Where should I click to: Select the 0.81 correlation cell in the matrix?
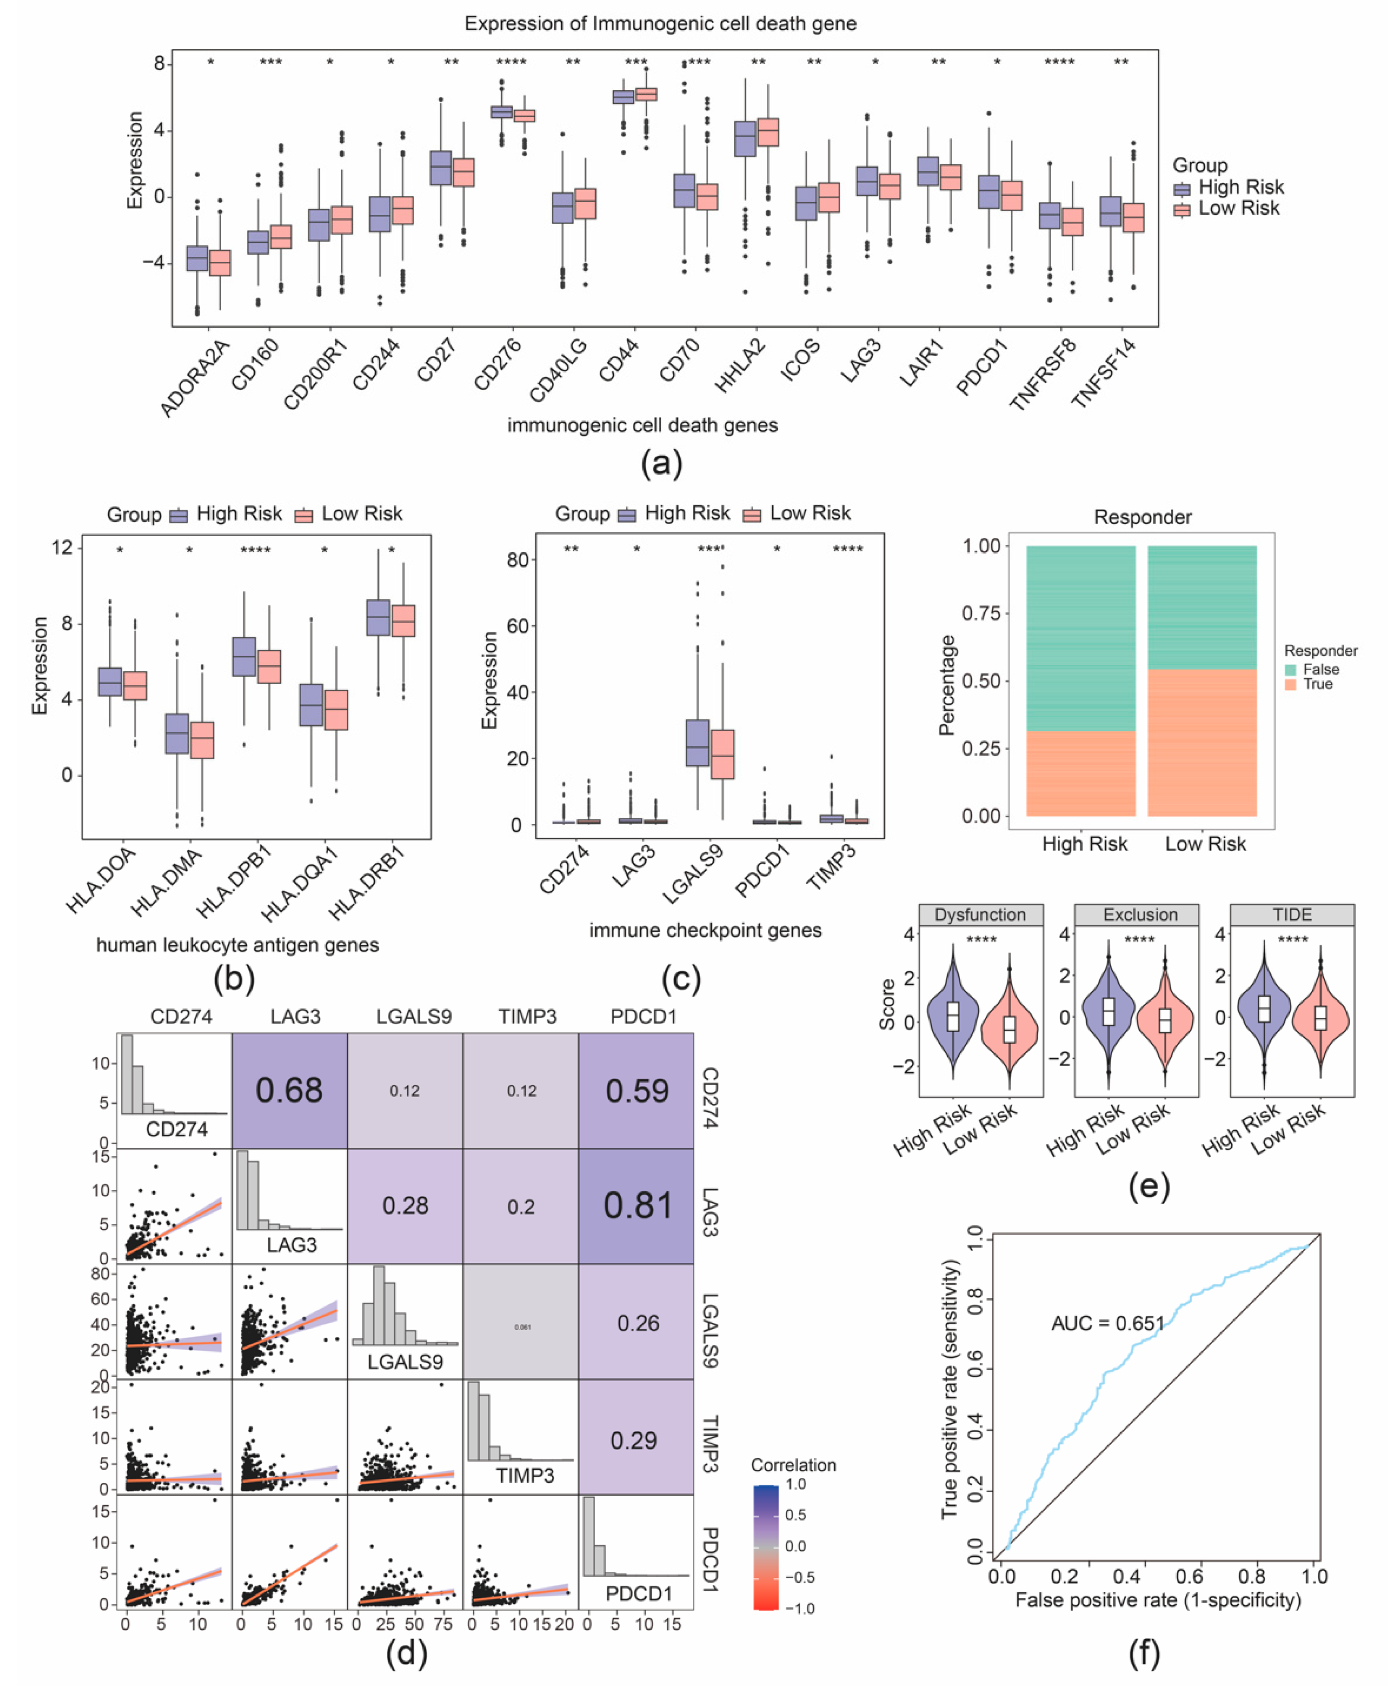click(637, 1206)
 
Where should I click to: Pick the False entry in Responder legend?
click(1320, 670)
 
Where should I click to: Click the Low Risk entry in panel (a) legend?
click(1238, 209)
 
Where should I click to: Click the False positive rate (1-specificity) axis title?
click(1158, 1600)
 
